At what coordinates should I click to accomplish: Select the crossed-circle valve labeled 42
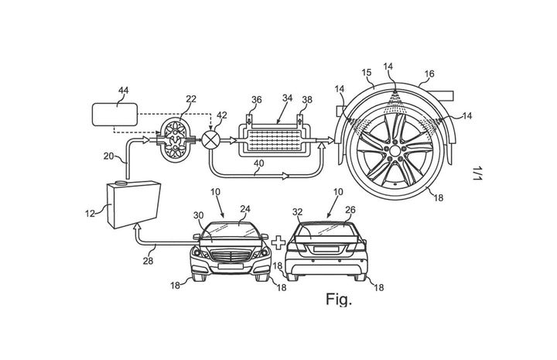(x=210, y=140)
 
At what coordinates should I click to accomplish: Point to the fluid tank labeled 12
(x=134, y=205)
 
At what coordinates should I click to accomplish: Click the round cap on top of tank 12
(x=121, y=183)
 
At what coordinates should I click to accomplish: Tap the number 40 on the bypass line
(x=258, y=163)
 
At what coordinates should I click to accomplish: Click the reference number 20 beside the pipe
(x=109, y=156)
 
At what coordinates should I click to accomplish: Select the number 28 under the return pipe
(x=148, y=261)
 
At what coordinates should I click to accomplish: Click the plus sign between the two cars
(x=278, y=243)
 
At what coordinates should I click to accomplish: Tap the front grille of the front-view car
(x=231, y=256)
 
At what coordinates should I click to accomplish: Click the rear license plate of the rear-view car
(x=326, y=249)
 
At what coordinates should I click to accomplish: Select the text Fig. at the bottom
(x=339, y=300)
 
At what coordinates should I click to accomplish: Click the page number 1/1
(x=477, y=173)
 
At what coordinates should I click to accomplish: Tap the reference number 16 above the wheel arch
(x=429, y=74)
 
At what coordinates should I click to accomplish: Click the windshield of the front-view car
(x=231, y=231)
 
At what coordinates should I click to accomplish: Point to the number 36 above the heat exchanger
(x=256, y=100)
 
